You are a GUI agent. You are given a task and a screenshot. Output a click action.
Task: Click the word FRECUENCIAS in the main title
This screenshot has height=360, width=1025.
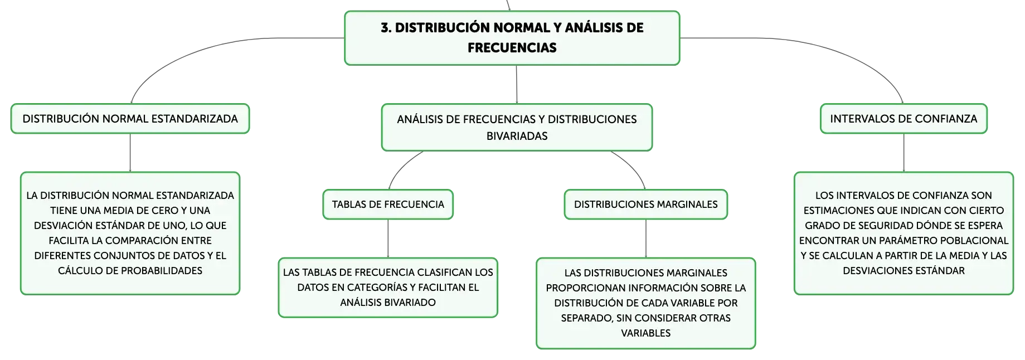[x=512, y=48]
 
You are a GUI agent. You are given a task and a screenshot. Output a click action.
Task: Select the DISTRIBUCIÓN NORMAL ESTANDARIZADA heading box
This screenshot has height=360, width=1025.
[x=130, y=119]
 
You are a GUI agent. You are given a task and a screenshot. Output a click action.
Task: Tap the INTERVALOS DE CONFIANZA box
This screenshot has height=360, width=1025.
[x=903, y=119]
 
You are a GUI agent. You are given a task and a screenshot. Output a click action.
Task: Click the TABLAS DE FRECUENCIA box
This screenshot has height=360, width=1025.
[x=388, y=205]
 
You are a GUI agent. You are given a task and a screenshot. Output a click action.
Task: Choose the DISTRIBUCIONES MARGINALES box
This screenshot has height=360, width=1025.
[x=646, y=205]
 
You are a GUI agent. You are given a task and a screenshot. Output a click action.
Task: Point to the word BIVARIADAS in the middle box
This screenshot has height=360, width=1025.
[x=517, y=136]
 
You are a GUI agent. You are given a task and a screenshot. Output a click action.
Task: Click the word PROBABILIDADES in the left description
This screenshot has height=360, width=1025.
[x=162, y=271]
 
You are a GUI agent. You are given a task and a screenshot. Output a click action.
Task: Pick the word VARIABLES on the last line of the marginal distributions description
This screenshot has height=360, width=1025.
[x=646, y=333]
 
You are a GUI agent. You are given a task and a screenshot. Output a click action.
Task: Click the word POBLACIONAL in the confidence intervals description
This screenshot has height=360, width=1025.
[x=974, y=241]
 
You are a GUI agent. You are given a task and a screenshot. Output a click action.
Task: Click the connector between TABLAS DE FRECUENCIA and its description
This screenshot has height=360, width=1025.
[x=388, y=239]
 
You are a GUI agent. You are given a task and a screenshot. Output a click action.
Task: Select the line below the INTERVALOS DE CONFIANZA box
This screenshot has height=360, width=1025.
[x=903, y=153]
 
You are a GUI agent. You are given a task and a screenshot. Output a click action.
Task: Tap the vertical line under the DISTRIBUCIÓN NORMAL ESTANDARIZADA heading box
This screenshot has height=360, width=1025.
[x=130, y=153]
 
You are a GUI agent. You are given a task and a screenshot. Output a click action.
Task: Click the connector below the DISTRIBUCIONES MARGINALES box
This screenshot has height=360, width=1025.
[x=646, y=239]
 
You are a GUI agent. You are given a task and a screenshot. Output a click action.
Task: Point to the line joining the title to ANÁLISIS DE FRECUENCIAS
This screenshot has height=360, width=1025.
[x=517, y=85]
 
